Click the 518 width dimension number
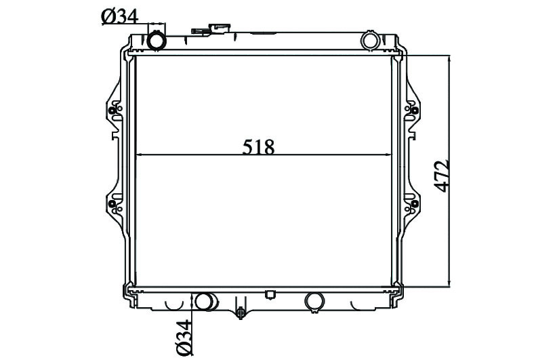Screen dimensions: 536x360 tap(258, 147)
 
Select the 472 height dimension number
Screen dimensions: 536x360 tap(441, 175)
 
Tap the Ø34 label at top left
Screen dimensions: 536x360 tap(120, 17)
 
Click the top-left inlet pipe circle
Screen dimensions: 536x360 tap(157, 41)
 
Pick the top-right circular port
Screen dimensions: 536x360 tap(370, 40)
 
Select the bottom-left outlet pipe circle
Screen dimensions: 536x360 tap(204, 302)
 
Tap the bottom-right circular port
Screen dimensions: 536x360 tap(314, 301)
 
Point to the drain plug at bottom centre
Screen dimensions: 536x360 tap(241, 312)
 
